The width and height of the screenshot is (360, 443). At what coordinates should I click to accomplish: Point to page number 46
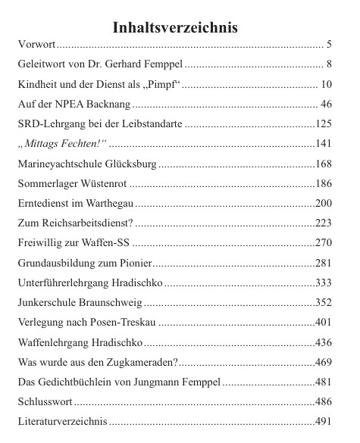coord(326,104)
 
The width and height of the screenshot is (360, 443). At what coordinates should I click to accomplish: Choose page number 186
coord(324,183)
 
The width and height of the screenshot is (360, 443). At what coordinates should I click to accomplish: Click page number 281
coord(324,262)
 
